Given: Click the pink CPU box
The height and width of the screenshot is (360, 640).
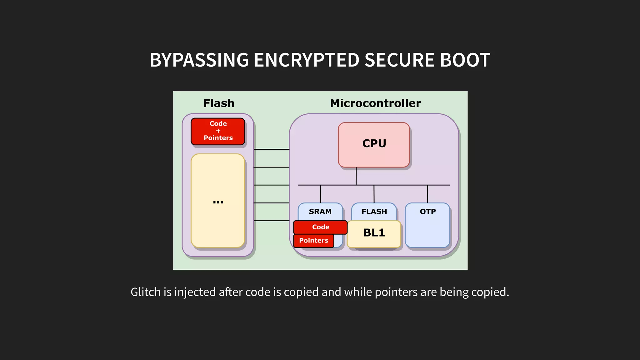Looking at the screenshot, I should pos(374,145).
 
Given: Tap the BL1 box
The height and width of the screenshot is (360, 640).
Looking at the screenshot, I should pos(374,233).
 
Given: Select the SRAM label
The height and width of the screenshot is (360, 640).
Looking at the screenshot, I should pos(320,212).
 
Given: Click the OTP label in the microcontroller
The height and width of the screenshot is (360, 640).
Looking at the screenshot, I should pos(427,212).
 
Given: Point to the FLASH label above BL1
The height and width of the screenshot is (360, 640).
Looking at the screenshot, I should pos(374,212).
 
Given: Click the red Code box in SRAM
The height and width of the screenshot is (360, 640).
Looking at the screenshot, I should pos(320,227).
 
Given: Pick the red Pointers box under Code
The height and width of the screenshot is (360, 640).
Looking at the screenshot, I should pos(313,241).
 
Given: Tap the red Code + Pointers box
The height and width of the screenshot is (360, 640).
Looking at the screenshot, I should pos(218,131).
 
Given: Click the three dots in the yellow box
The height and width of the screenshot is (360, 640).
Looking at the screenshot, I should pos(218,202).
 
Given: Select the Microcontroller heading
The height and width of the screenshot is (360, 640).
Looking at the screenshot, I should pos(375,103).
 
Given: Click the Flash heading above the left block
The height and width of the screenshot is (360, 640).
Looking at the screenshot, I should pos(219,103).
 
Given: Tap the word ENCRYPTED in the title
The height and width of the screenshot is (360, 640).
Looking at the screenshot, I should pos(307,60).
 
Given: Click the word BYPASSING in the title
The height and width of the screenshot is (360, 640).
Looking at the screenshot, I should pos(199,60).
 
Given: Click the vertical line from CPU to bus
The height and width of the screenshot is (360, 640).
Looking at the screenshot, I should pos(356,176).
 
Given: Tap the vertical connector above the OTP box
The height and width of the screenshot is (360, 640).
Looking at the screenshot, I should pos(427,194).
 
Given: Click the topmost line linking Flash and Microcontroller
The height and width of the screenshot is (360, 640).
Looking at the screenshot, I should pos(271,149).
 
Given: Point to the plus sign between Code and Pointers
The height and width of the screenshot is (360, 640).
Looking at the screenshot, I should pos(218,131).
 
